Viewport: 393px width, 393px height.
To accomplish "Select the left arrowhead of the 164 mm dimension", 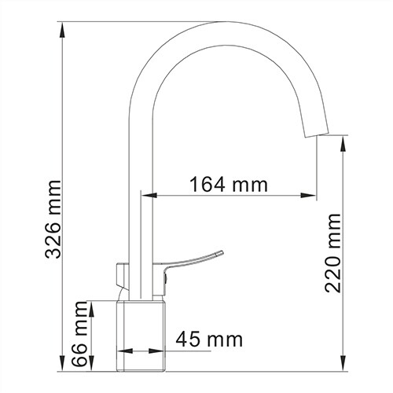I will (147, 195).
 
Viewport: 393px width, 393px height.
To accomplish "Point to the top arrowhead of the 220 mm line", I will (344, 141).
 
